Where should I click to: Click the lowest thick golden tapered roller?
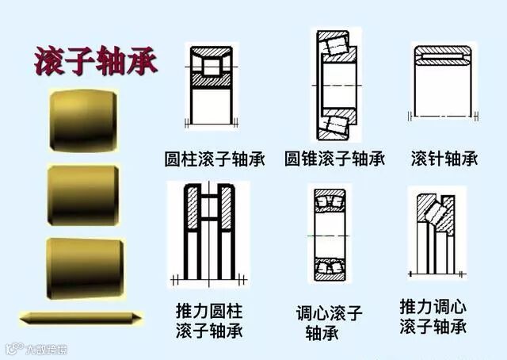82,267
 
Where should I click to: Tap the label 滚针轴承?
444,158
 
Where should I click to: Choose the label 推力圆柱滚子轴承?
209,318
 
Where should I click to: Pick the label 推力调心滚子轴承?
433,316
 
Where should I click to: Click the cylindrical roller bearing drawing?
210,83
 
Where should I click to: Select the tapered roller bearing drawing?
335,83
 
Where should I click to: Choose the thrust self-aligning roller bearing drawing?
436,233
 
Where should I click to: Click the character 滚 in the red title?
49,60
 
